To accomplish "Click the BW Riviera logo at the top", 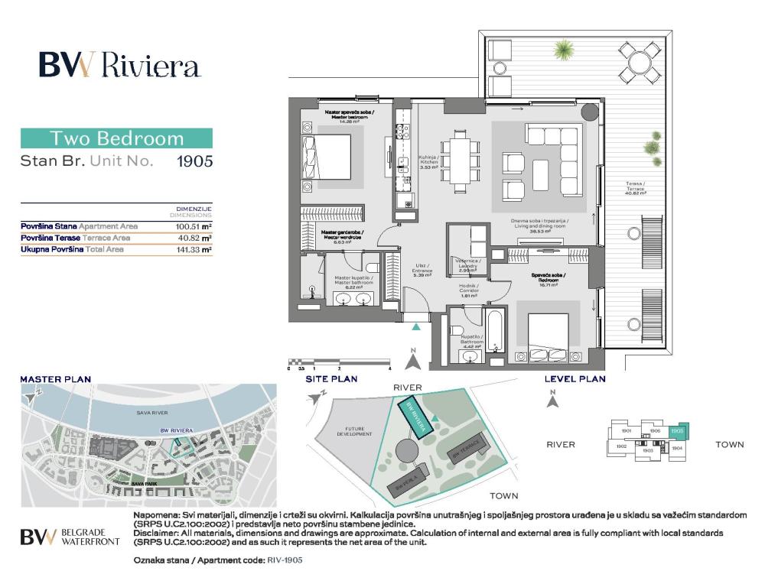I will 120,67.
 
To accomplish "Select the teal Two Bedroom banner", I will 116,138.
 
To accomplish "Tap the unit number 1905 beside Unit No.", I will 194,161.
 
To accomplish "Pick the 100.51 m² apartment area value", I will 194,226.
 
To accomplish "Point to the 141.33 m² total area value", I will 194,249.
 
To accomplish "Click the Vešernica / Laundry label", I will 467,265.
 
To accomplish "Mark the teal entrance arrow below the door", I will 415,326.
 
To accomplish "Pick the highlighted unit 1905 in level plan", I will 677,430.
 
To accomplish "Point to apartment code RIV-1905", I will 285,560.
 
